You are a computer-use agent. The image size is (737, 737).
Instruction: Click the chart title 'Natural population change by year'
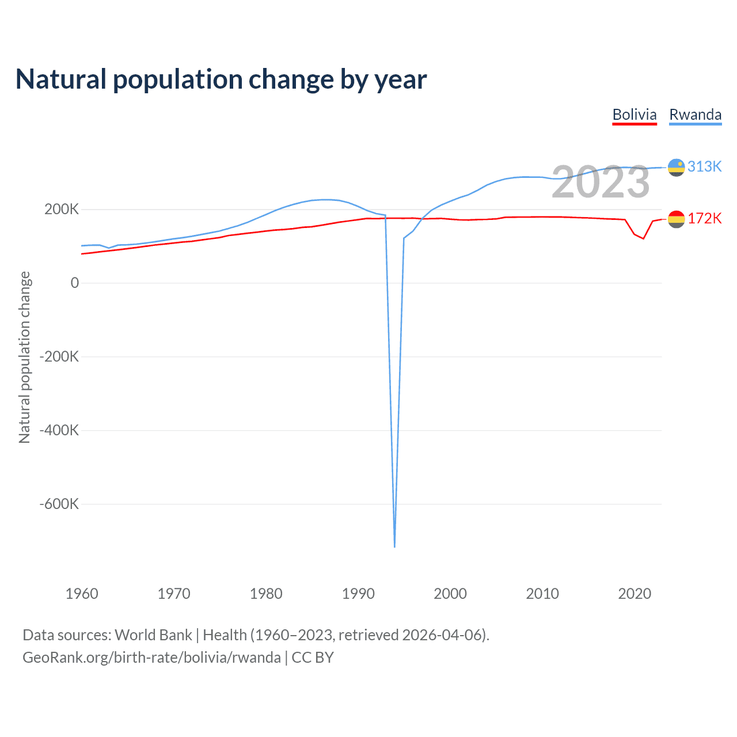(221, 79)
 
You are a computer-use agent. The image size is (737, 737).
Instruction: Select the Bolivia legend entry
(634, 115)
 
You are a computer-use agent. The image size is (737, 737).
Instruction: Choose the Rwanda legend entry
(695, 115)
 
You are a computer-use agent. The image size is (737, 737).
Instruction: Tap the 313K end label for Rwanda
(704, 166)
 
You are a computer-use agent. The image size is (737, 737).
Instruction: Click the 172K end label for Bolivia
(704, 218)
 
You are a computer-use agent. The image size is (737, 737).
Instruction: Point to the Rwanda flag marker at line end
(676, 168)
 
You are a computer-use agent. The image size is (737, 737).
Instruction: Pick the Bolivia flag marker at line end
(676, 219)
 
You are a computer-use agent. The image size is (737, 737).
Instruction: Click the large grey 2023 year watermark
(601, 182)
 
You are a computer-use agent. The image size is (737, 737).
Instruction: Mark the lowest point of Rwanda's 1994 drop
(394, 546)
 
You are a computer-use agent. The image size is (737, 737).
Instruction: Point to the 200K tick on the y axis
(62, 210)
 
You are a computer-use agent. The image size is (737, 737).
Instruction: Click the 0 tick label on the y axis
(74, 283)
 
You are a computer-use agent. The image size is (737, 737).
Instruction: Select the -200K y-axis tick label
(59, 356)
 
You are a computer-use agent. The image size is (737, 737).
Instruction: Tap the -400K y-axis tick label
(59, 430)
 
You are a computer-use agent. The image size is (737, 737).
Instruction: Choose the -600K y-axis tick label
(59, 504)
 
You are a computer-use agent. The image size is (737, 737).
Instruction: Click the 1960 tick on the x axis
(82, 594)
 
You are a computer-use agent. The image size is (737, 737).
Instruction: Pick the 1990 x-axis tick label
(358, 594)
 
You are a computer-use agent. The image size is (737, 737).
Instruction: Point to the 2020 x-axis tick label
(635, 594)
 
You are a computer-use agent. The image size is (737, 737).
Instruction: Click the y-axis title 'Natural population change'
(25, 357)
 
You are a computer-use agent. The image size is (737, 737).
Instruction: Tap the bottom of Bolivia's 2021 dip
(644, 238)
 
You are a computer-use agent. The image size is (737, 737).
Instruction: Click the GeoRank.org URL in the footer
(151, 658)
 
